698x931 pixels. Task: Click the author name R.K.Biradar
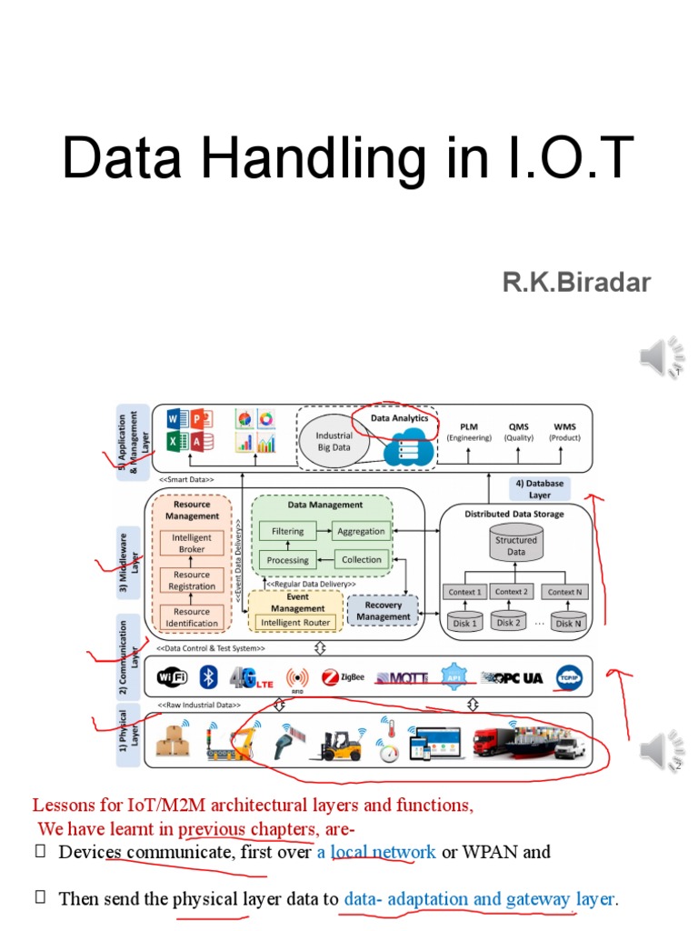(577, 282)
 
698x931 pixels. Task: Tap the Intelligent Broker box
(192, 543)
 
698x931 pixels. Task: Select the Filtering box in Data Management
(288, 531)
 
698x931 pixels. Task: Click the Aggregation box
(361, 531)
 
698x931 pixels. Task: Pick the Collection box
(362, 559)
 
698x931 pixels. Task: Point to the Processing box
(288, 559)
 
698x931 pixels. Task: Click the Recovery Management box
(383, 611)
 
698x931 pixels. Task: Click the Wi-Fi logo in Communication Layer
(172, 677)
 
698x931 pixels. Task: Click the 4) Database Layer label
(540, 489)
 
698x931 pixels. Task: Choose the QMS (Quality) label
(519, 431)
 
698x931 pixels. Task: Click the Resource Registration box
(192, 580)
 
